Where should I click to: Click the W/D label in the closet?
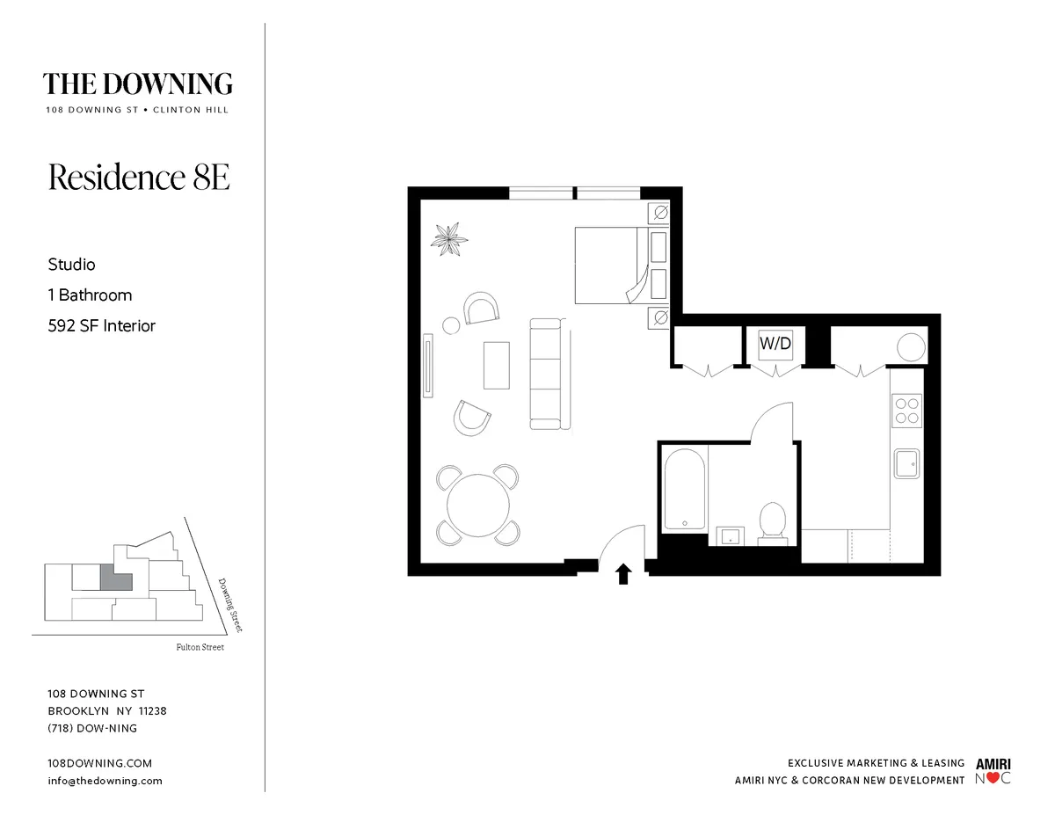(775, 345)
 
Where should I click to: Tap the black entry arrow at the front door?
(623, 575)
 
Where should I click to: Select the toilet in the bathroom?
(772, 520)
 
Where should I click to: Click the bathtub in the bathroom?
(684, 489)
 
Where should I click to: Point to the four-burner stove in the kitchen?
(906, 411)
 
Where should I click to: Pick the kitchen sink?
(906, 462)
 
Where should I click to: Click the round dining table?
(477, 506)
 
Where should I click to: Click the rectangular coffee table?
(496, 365)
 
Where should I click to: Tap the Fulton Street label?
(200, 647)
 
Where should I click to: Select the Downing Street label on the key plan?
(229, 604)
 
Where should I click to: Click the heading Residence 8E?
(139, 177)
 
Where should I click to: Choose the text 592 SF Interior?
(102, 325)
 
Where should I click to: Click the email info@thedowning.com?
(105, 781)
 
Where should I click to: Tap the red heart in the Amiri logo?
(993, 778)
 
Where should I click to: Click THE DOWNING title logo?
(138, 84)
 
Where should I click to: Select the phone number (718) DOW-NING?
(92, 728)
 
